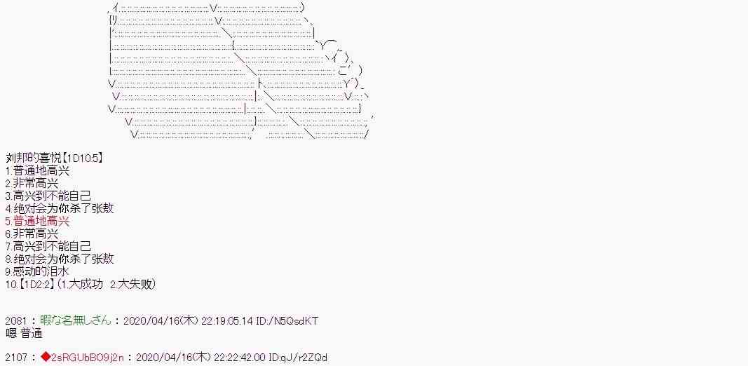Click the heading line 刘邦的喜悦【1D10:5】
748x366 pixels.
coord(55,158)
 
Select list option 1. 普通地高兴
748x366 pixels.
coord(38,171)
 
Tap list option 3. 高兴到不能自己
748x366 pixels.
coord(48,196)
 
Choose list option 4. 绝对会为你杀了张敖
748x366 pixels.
coord(60,208)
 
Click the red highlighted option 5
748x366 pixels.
coord(38,221)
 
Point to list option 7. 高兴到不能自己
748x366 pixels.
coord(48,246)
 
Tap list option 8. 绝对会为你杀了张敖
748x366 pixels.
coord(60,259)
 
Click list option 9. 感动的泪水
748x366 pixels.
coord(38,271)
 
